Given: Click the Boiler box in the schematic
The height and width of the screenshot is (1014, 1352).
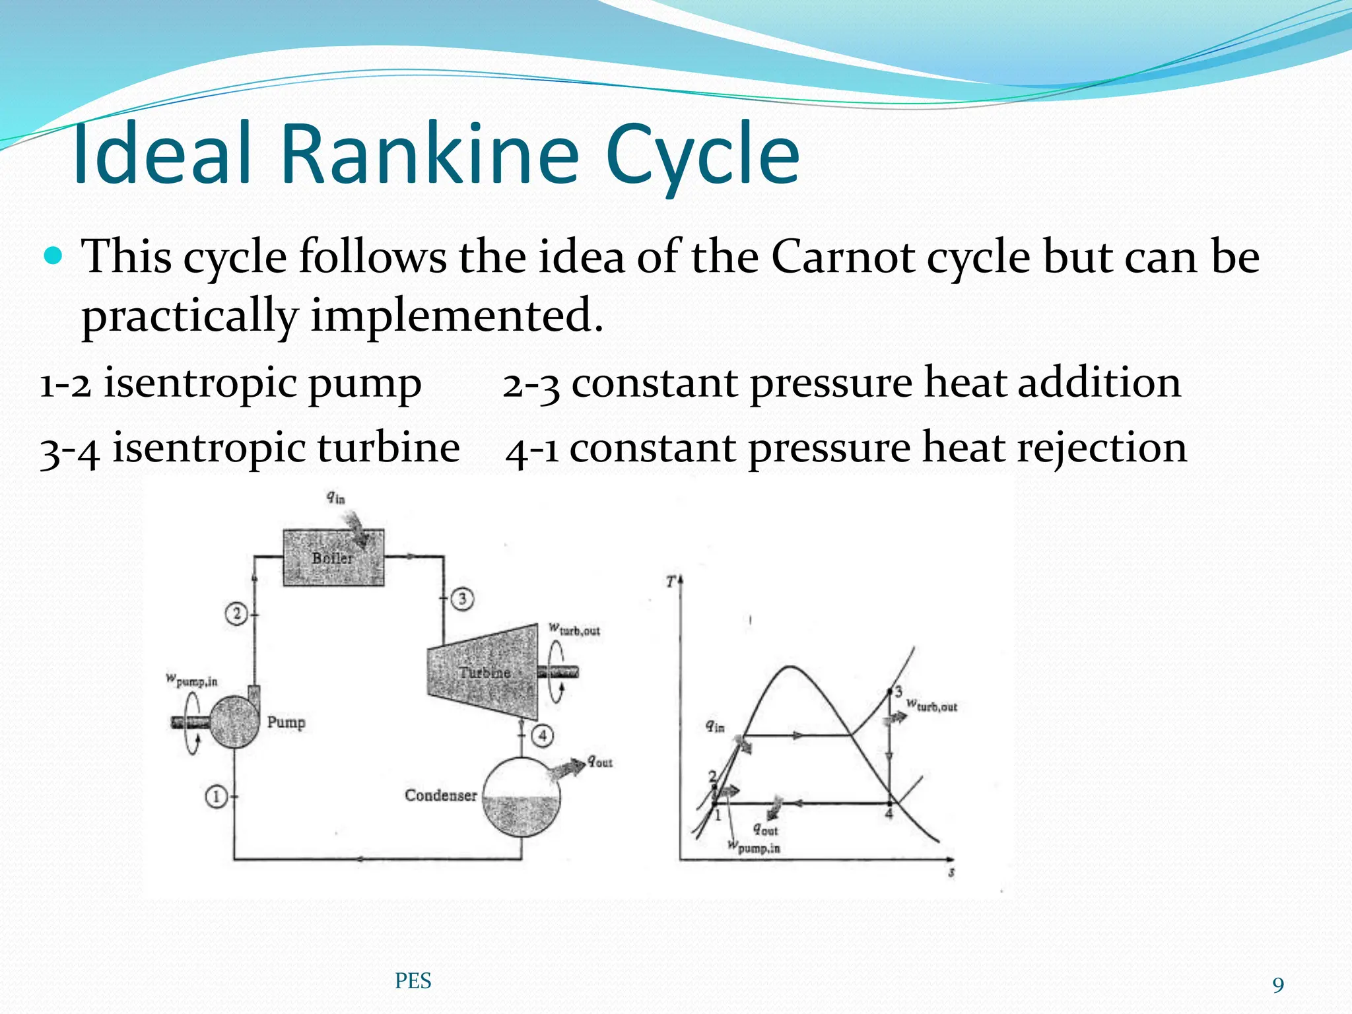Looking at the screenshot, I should [333, 558].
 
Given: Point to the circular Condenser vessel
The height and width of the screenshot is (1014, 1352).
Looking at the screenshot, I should [522, 796].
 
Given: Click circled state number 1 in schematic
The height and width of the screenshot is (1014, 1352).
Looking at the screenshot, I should [216, 797].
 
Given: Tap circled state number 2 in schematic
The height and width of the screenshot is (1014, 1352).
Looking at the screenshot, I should [236, 614].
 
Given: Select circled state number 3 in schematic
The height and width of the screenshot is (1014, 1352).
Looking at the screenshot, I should [462, 599].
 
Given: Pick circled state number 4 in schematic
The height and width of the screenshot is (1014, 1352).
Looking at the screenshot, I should [543, 735].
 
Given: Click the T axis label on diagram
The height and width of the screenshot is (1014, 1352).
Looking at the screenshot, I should [671, 582].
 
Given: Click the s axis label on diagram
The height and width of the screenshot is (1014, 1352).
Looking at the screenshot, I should [951, 873].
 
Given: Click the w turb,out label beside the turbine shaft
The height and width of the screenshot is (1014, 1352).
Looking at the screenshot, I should [574, 630].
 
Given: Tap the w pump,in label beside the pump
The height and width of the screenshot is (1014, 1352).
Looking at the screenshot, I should [191, 681].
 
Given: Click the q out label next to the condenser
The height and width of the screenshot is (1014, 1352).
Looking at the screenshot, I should [600, 762].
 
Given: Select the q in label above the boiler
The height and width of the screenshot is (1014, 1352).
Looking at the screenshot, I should [335, 498].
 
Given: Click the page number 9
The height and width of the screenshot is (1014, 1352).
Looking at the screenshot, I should [1278, 986].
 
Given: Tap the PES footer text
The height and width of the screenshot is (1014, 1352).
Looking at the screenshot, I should [413, 981].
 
